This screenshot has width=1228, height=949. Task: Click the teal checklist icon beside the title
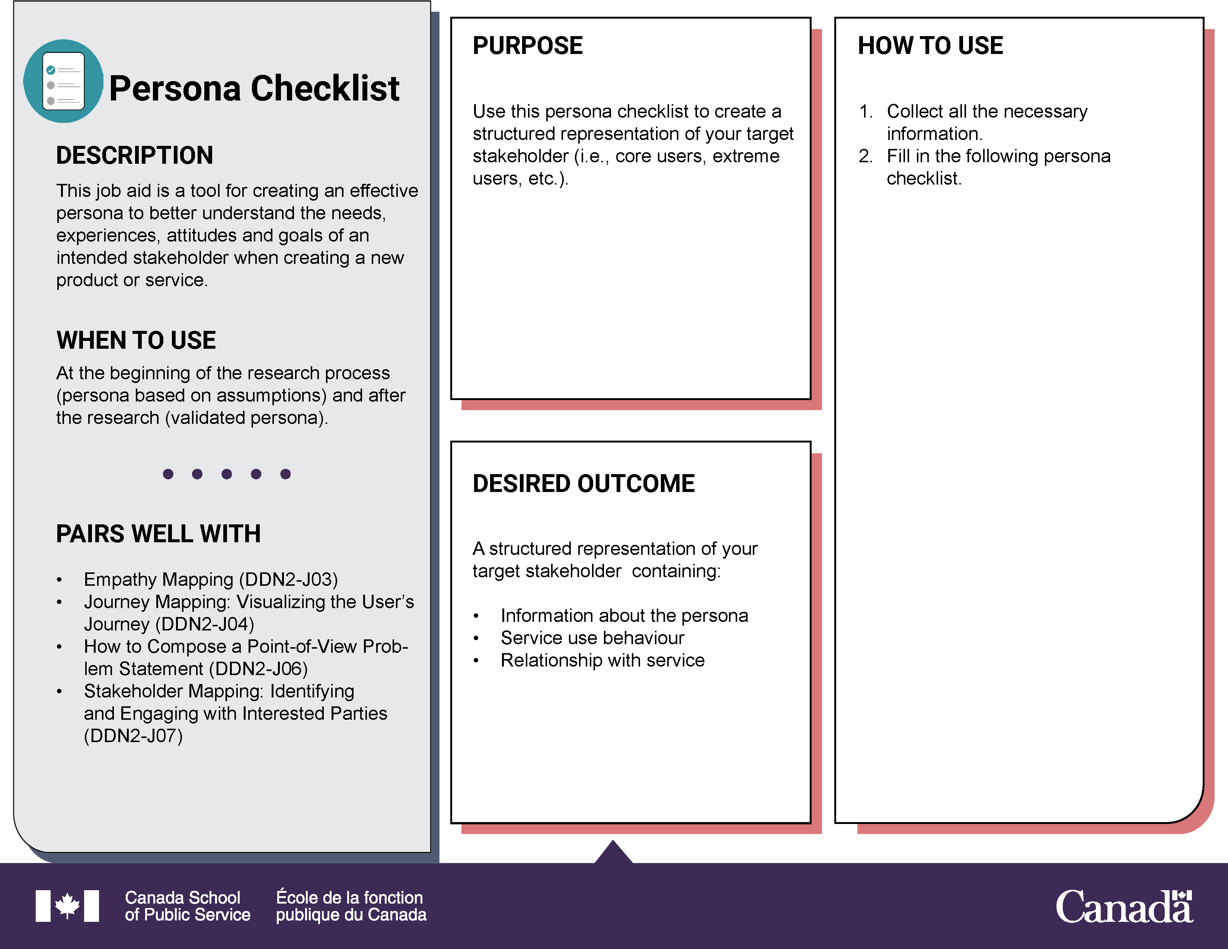click(63, 81)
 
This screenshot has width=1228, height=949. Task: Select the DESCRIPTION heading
click(134, 156)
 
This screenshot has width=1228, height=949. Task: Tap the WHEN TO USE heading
click(136, 341)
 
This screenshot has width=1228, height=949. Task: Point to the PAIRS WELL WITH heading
click(158, 534)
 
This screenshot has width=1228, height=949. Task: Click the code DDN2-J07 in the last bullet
click(133, 736)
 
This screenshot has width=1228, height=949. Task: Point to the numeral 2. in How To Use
click(865, 156)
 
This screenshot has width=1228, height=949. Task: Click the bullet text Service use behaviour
click(592, 638)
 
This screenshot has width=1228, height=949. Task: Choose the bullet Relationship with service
click(602, 661)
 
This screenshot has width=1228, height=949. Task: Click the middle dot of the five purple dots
click(227, 474)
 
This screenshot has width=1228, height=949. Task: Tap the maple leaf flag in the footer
click(67, 906)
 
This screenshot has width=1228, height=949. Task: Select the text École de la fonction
click(349, 897)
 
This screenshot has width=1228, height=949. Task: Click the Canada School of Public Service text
click(187, 906)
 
